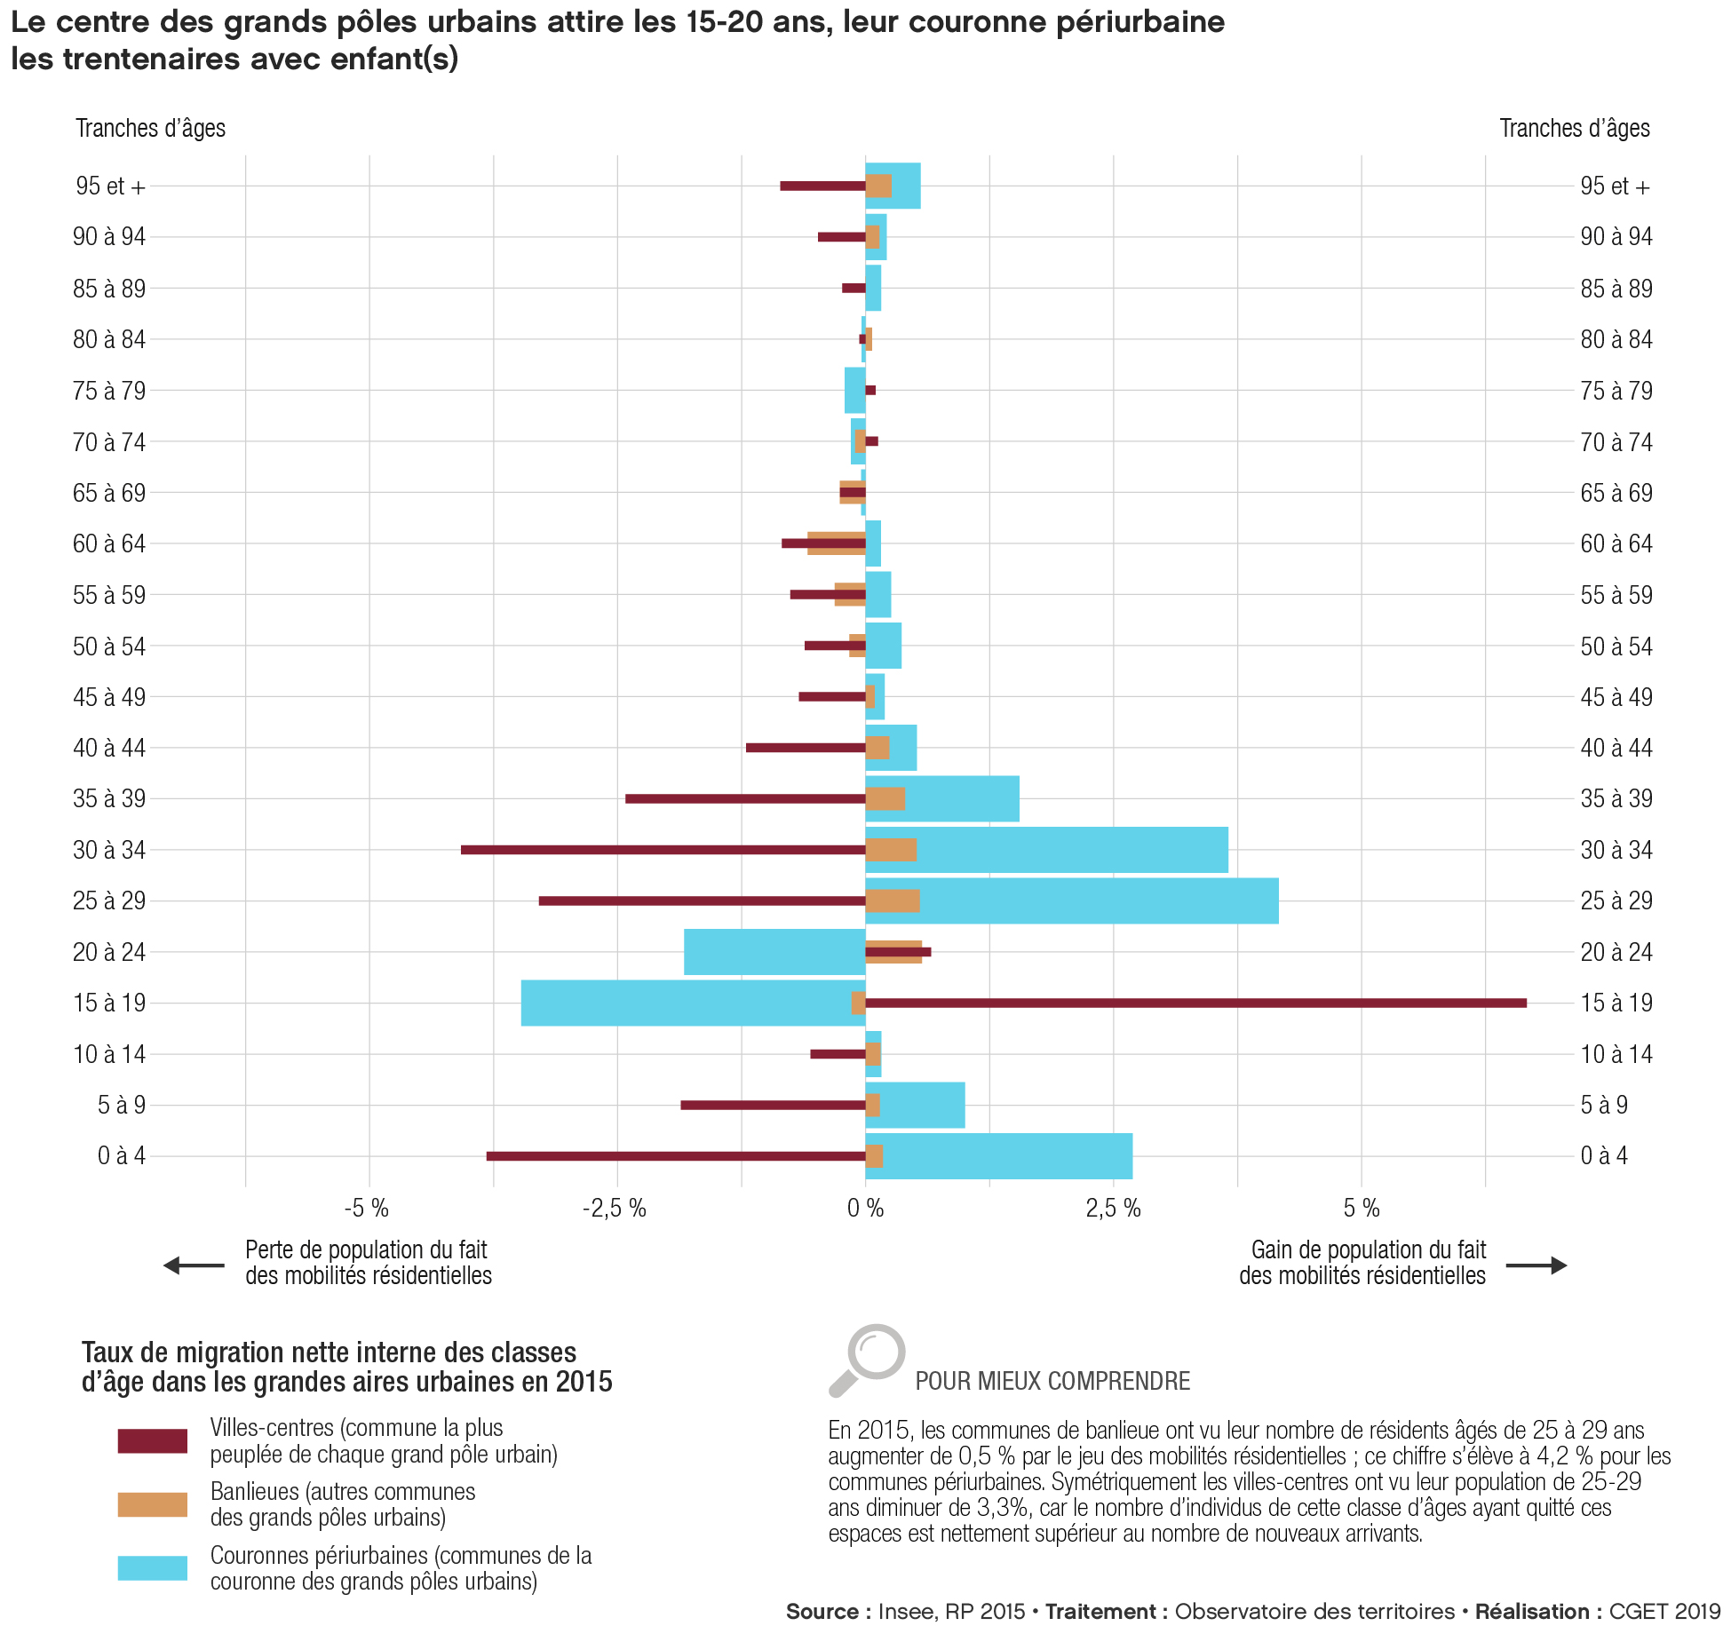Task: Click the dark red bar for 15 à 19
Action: click(1195, 1003)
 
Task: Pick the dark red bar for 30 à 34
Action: click(662, 850)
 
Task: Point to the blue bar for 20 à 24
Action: click(774, 952)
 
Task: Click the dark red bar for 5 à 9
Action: click(773, 1105)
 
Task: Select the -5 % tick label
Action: click(367, 1208)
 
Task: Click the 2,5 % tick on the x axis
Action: click(1113, 1208)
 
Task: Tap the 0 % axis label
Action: click(865, 1208)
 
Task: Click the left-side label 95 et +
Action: click(110, 186)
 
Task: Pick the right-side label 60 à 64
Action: click(1616, 543)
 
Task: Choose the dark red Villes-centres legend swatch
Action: click(152, 1440)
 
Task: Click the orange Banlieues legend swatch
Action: click(152, 1504)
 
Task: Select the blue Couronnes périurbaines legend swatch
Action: click(152, 1568)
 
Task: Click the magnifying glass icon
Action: click(866, 1359)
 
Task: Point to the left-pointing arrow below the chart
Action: click(195, 1265)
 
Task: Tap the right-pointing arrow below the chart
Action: click(1536, 1265)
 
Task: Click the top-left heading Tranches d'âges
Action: click(150, 129)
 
